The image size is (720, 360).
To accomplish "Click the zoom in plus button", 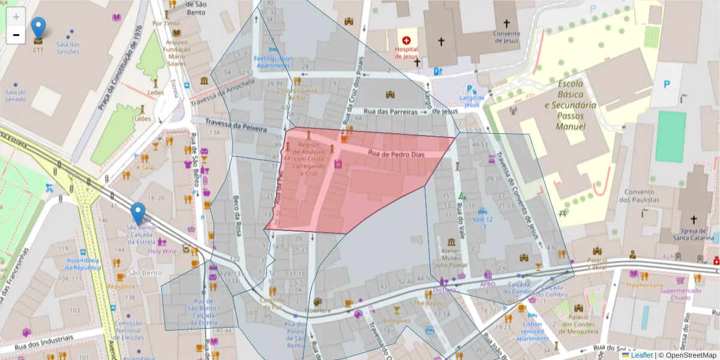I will (16, 17).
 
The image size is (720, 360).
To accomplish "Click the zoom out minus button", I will (16, 35).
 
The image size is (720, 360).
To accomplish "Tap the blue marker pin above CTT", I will (38, 28).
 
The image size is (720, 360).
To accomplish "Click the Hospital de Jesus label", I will (406, 52).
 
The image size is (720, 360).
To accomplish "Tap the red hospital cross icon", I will (406, 40).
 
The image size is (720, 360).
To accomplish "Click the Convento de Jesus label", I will (506, 37).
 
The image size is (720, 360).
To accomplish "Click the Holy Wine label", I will (163, 251).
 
